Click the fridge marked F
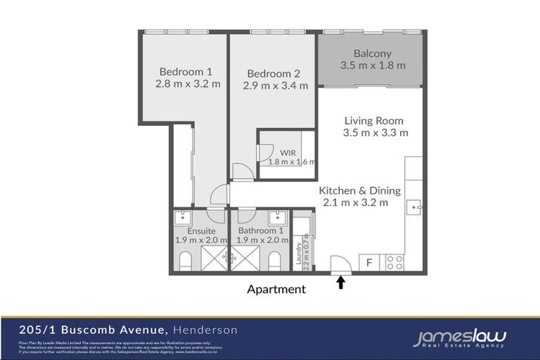[x=369, y=263]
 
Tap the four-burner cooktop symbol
[x=394, y=263]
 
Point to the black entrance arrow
[x=342, y=283]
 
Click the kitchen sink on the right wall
[x=416, y=207]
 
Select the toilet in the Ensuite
[x=186, y=262]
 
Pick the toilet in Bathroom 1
[x=275, y=262]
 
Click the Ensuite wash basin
[x=184, y=216]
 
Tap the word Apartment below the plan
[x=276, y=289]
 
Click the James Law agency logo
[x=459, y=338]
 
